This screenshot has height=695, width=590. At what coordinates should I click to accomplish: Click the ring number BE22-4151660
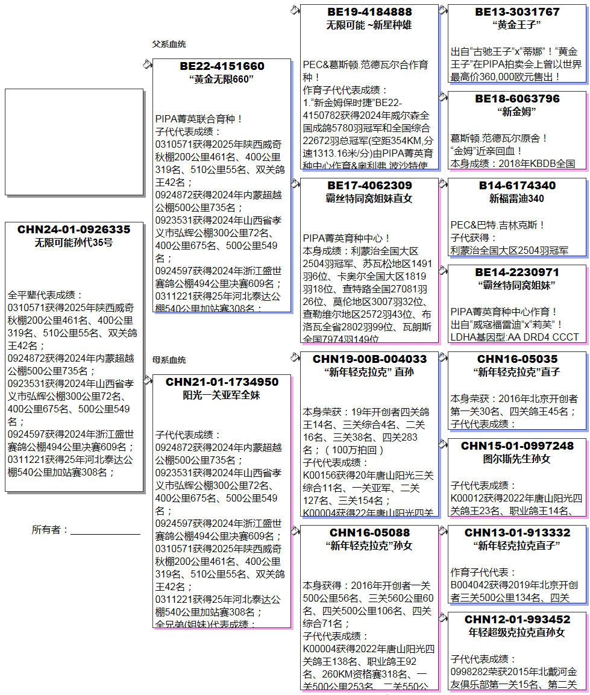[222, 66]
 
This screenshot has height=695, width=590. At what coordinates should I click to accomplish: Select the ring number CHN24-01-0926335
[74, 230]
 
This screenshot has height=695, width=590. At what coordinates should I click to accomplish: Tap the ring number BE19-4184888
[369, 12]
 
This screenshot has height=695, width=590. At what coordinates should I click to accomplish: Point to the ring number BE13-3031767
[517, 12]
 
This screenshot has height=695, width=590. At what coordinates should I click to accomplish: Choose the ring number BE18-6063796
[517, 99]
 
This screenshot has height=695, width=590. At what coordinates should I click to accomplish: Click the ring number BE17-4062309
[369, 186]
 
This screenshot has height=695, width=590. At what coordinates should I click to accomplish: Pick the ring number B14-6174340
[517, 186]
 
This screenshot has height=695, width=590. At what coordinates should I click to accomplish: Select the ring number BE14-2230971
[517, 272]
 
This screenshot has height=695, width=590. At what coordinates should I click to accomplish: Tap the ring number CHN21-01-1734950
[222, 382]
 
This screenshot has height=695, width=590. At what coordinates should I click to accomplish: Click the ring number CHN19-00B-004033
[369, 359]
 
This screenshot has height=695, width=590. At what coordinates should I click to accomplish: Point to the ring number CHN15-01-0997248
[517, 446]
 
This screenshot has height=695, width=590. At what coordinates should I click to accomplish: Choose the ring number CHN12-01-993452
[517, 620]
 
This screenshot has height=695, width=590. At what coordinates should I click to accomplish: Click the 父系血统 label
[169, 44]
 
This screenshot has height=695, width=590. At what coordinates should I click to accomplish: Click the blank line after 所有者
[105, 530]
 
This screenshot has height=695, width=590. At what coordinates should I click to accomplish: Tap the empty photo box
[74, 142]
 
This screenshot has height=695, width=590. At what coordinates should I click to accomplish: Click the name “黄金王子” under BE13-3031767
[517, 25]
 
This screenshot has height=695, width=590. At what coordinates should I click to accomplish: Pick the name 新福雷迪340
[517, 198]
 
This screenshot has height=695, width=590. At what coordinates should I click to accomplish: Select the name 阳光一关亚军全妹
[222, 395]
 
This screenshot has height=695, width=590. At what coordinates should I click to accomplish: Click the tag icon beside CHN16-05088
[295, 530]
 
